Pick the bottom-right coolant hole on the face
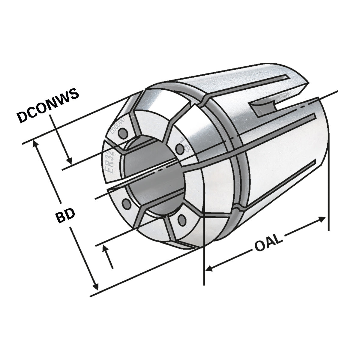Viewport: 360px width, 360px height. click(x=181, y=220)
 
